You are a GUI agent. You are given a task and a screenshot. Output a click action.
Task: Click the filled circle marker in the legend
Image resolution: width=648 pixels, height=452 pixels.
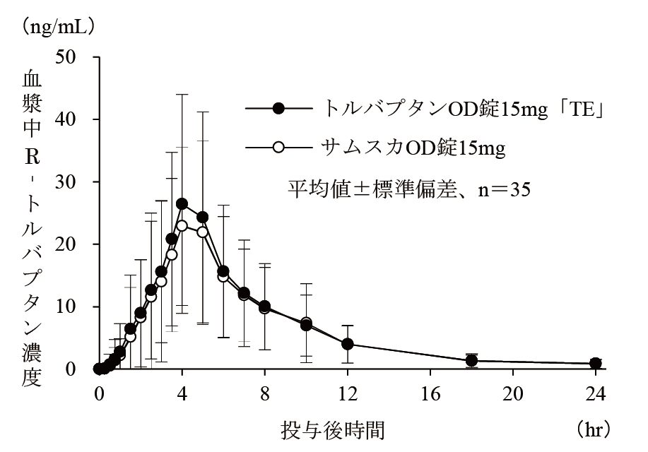[x=278, y=109]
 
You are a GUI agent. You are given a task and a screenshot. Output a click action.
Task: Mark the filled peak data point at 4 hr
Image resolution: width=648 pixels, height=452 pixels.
[x=182, y=203]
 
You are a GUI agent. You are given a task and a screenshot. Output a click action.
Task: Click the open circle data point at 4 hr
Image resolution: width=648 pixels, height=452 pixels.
[x=182, y=225]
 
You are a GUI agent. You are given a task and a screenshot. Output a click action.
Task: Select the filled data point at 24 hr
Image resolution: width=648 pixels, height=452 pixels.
[x=596, y=363]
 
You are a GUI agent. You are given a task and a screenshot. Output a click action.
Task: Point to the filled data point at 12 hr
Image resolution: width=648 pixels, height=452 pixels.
[x=348, y=344]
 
